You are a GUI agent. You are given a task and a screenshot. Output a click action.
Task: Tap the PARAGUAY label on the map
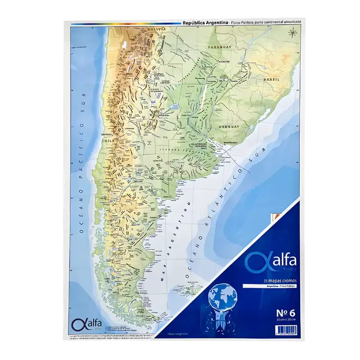click(220, 46)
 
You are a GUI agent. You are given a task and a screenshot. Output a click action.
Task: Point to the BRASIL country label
click(272, 79)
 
